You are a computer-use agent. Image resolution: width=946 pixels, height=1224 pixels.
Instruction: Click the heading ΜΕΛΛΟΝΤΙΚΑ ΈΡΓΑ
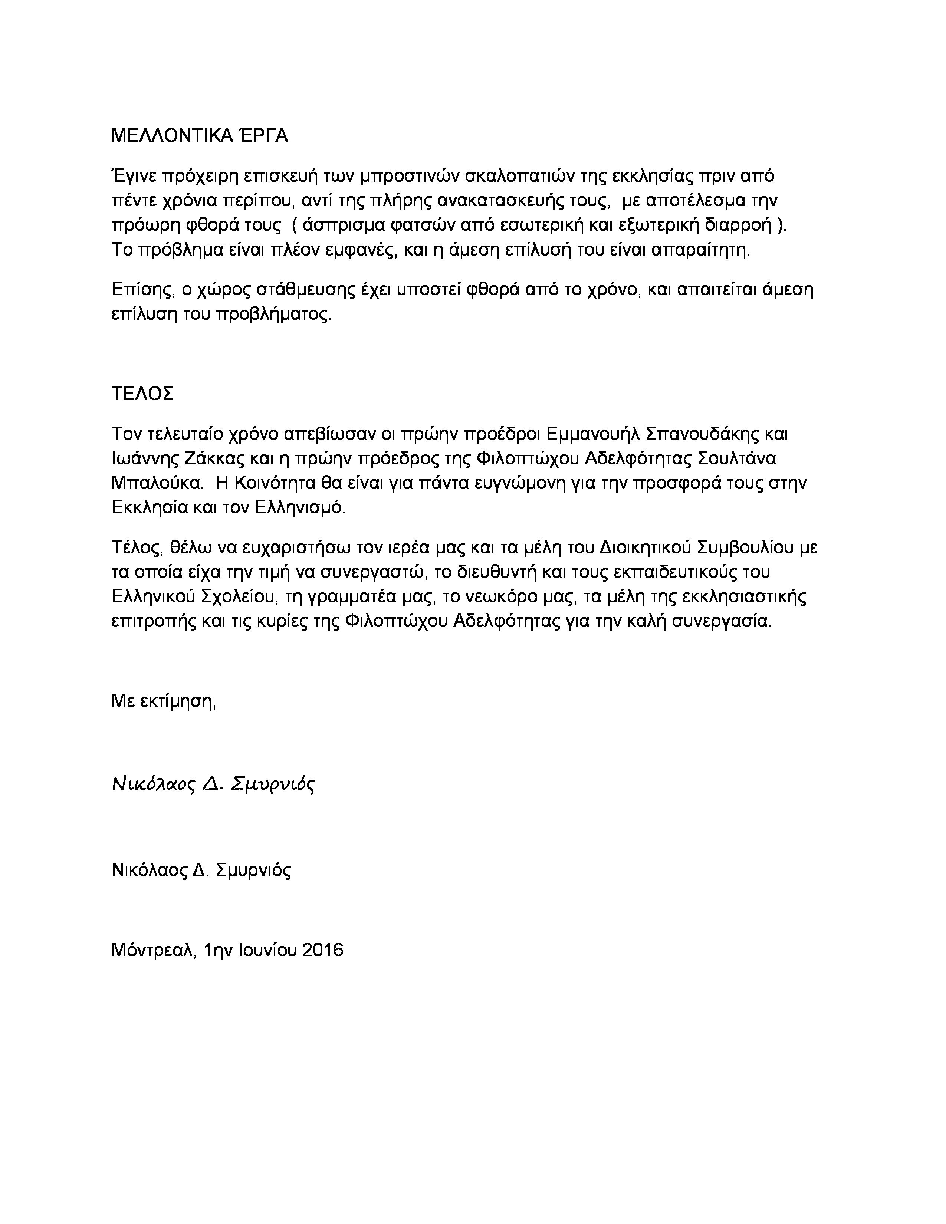point(200,136)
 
